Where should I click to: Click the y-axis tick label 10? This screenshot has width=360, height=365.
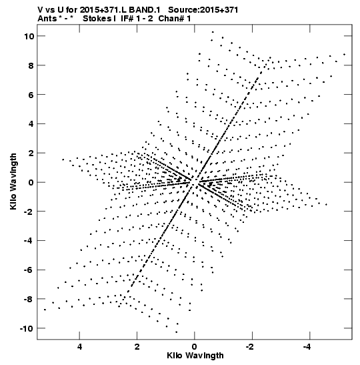29,36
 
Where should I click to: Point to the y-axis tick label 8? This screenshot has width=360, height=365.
31,65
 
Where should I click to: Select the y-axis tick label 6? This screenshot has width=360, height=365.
31,95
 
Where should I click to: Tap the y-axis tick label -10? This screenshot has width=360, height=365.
27,328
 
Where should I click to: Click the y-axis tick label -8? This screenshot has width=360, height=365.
29,299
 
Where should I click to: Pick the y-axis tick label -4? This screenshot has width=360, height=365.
29,240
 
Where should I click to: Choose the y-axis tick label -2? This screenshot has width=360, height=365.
29,212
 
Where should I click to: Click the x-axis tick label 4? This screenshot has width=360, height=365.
79,347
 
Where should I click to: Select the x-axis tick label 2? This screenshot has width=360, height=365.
137,347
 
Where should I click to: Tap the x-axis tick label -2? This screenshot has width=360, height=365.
250,347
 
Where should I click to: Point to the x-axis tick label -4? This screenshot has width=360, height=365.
307,347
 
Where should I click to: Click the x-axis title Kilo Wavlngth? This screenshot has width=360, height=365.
195,356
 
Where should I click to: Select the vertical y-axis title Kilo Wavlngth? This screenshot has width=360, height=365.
13,181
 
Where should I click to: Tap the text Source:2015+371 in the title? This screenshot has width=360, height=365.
203,10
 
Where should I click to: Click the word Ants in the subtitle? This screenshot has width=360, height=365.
47,19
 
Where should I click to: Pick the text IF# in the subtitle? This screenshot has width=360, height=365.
127,19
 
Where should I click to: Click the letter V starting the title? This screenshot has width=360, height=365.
41,10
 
